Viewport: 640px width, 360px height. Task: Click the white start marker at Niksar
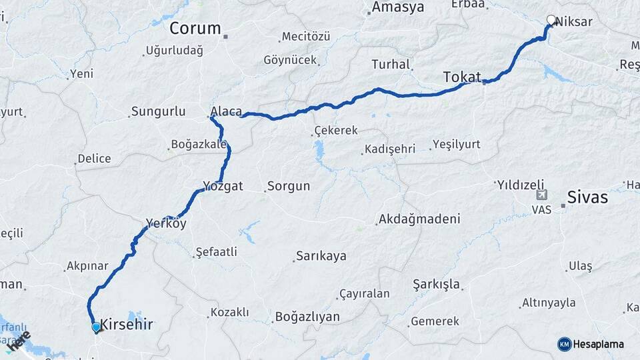(x=551, y=20)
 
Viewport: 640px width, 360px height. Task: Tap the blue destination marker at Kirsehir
(x=96, y=327)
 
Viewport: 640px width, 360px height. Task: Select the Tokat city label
(x=462, y=77)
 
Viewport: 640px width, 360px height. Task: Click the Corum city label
(x=195, y=28)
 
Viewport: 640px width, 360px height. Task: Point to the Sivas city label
(x=587, y=197)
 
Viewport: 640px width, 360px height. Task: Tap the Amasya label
(x=398, y=7)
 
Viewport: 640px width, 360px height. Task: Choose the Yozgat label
(x=223, y=186)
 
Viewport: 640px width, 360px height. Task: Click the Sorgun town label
(x=289, y=186)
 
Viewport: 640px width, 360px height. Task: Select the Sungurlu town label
(x=159, y=111)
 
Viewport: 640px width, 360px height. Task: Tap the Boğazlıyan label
(x=307, y=317)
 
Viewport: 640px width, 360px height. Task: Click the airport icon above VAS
(x=541, y=195)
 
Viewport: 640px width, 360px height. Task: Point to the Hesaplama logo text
(x=598, y=344)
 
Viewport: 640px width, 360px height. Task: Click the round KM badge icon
(x=564, y=344)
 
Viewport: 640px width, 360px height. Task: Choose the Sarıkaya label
(x=321, y=256)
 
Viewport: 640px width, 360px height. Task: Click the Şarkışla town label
(x=437, y=284)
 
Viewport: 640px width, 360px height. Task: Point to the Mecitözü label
(x=305, y=36)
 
